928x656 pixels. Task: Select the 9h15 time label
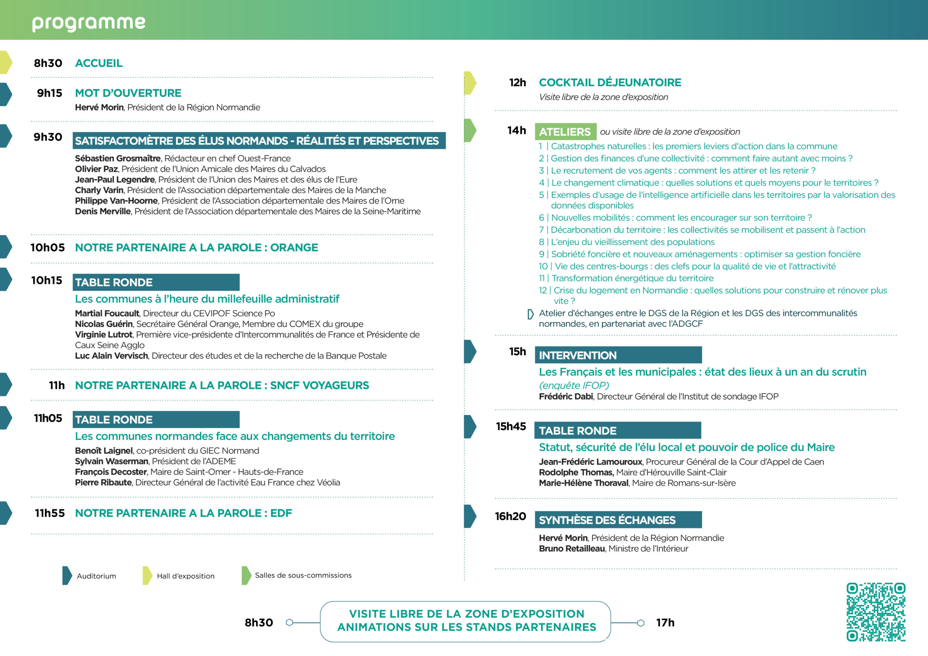click(50, 93)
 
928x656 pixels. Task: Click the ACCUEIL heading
click(99, 63)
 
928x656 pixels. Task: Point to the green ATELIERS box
click(565, 132)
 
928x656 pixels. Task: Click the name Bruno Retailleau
click(572, 548)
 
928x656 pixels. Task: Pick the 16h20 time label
click(510, 516)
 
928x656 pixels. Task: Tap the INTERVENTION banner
click(618, 355)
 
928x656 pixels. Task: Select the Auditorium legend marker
click(67, 576)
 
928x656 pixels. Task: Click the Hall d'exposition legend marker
click(147, 576)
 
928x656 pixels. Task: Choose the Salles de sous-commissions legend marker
click(246, 575)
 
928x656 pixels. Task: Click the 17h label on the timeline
click(665, 622)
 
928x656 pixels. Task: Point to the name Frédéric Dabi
click(565, 396)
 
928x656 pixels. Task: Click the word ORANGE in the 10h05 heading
click(294, 248)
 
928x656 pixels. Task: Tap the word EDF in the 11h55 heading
click(281, 513)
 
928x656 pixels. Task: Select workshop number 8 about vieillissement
click(626, 242)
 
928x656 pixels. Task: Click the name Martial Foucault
click(107, 313)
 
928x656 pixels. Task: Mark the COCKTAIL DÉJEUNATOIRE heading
click(610, 83)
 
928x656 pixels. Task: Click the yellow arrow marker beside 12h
click(470, 83)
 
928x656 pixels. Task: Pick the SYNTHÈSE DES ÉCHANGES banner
click(618, 520)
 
